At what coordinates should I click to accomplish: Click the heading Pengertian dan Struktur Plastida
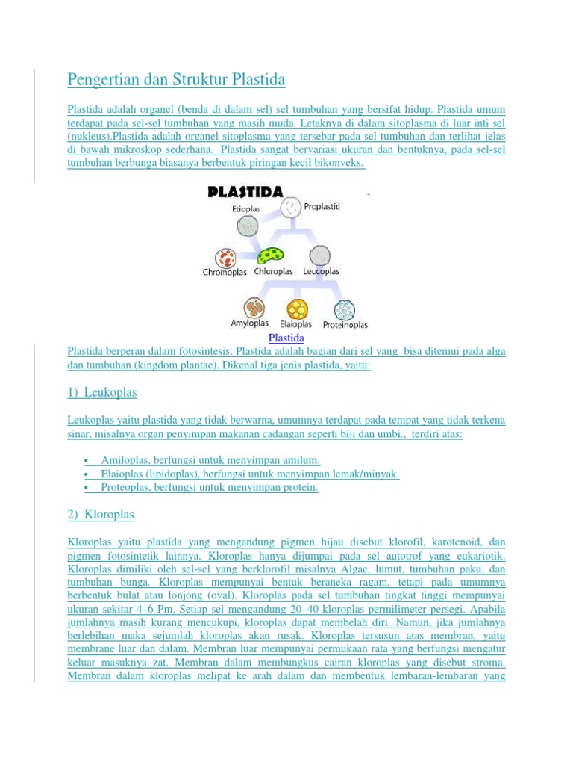pyautogui.click(x=176, y=78)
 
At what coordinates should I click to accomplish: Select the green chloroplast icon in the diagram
pyautogui.click(x=269, y=256)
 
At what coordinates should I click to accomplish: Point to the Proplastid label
pyautogui.click(x=322, y=207)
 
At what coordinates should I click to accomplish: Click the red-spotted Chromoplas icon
pyautogui.click(x=226, y=258)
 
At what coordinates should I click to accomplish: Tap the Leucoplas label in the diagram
pyautogui.click(x=322, y=272)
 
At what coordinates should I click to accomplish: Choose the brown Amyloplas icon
pyautogui.click(x=253, y=308)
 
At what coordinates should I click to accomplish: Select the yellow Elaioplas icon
pyautogui.click(x=298, y=309)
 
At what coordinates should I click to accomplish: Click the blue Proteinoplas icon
pyautogui.click(x=344, y=309)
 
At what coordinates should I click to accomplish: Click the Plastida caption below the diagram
pyautogui.click(x=286, y=338)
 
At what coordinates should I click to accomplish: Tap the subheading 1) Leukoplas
pyautogui.click(x=102, y=392)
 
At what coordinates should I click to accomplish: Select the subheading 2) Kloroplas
pyautogui.click(x=101, y=515)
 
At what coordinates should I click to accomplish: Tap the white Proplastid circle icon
pyautogui.click(x=292, y=206)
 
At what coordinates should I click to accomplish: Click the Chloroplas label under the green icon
pyautogui.click(x=274, y=272)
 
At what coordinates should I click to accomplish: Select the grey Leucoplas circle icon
pyautogui.click(x=321, y=255)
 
